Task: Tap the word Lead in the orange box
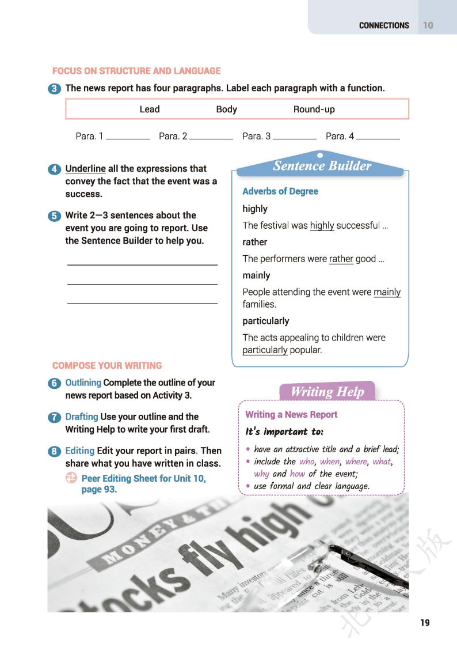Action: point(150,109)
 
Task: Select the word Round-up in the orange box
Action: point(314,109)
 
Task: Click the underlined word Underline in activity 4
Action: point(85,169)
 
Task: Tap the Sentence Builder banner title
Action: point(322,166)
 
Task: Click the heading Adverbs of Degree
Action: point(280,191)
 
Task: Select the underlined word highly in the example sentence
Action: point(322,225)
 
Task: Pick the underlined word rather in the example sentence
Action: point(341,259)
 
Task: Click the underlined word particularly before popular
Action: point(265,350)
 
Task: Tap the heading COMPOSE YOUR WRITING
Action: point(107,365)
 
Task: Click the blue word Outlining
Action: point(83,383)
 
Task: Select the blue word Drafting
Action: point(82,417)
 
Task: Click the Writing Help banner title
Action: point(327,392)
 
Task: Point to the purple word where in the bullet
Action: point(355,461)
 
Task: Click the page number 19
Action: point(425,622)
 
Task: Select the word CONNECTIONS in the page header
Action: point(384,25)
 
